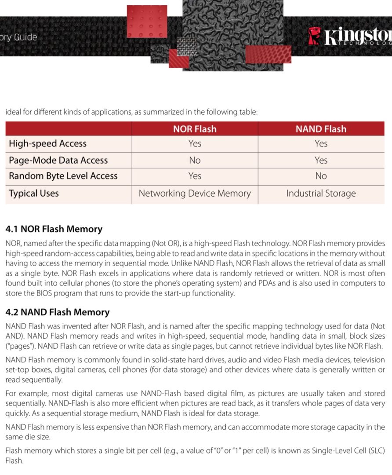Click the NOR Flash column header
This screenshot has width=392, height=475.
(195, 129)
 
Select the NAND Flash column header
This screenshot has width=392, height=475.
(321, 129)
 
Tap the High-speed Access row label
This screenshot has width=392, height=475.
(48, 143)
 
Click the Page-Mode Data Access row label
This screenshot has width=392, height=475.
(58, 160)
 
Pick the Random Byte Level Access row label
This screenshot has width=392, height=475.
(63, 176)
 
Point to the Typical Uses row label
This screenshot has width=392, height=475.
(34, 193)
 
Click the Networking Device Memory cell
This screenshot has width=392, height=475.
(195, 193)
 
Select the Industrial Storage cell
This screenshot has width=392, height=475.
(321, 193)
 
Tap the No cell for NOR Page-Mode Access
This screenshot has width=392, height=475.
(195, 160)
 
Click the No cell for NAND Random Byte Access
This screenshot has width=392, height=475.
(321, 176)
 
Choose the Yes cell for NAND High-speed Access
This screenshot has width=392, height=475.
(321, 143)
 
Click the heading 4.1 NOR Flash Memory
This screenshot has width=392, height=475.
(54, 229)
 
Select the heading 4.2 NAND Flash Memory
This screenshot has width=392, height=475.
(57, 312)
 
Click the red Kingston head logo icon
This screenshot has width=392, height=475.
(314, 36)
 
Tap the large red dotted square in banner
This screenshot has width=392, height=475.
(147, 21)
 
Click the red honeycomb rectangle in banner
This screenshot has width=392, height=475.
(268, 55)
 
